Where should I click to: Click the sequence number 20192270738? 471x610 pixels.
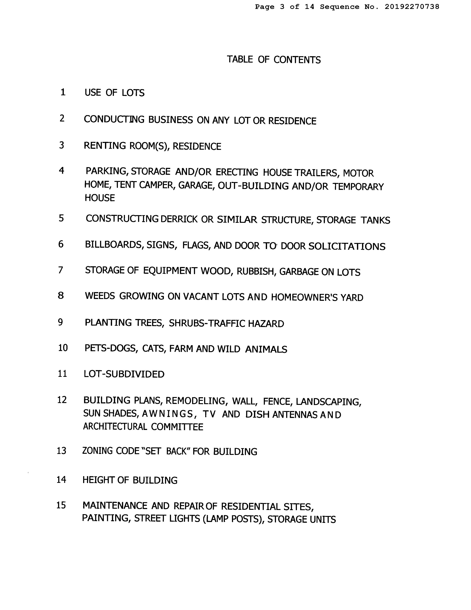pyautogui.click(x=412, y=7)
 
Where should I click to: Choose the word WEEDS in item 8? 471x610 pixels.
pyautogui.click(x=100, y=296)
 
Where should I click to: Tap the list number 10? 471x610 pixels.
pyautogui.click(x=63, y=348)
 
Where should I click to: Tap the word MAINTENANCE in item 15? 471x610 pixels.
pyautogui.click(x=115, y=506)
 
